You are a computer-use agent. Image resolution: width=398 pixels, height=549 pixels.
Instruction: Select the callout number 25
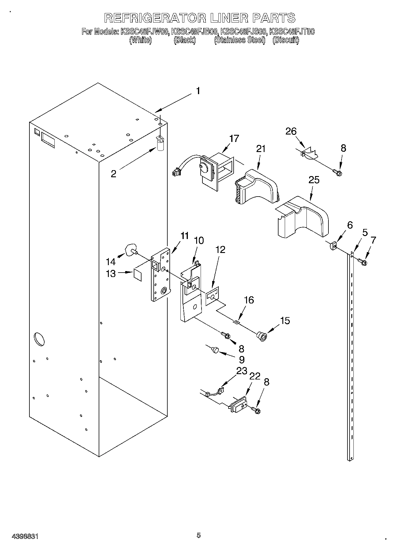coord(314,180)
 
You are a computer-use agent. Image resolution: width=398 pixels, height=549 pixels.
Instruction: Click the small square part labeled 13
coord(137,274)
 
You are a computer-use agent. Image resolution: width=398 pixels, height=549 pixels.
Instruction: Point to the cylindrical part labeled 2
coord(161,145)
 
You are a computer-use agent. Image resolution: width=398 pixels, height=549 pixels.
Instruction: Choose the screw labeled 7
coord(362,262)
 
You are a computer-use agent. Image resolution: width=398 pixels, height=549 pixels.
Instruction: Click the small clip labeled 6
coord(333,246)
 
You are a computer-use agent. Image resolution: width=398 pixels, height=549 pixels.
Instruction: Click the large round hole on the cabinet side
coord(39,340)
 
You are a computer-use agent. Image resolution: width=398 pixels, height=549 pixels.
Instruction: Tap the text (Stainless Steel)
coord(240,40)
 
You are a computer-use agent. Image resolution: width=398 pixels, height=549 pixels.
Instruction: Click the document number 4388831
coord(25,536)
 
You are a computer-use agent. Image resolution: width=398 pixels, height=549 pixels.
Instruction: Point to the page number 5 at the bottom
coord(199,535)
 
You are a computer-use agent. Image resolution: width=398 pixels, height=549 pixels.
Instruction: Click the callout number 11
coord(185,236)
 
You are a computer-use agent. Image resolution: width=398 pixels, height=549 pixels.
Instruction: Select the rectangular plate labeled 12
coord(213,296)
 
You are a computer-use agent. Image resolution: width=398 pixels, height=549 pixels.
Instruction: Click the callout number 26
coord(291,131)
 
